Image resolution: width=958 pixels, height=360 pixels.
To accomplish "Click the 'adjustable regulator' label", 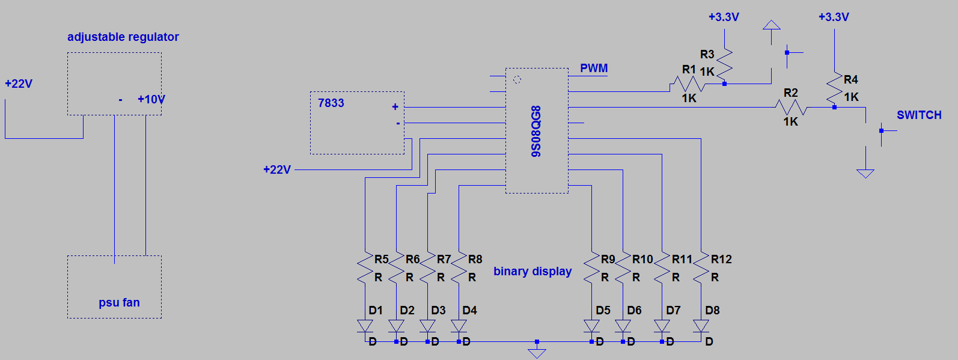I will tap(123, 37).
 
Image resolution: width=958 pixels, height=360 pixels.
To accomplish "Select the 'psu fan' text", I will tap(119, 302).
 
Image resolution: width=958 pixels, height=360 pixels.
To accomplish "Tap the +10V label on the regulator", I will tap(151, 99).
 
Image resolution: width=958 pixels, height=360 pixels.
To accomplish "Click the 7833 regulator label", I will tap(331, 103).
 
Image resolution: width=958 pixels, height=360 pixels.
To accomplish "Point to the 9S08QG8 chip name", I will tap(536, 131).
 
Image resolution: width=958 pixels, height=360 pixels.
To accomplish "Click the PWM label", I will tap(594, 68).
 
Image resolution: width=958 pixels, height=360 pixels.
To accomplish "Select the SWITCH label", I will tap(919, 115).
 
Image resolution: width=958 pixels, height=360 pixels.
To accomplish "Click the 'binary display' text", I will tap(532, 271).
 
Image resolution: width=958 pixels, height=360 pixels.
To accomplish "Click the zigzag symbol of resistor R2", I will tap(791, 108).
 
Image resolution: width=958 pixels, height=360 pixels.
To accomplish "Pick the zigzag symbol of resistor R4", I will tap(834, 89).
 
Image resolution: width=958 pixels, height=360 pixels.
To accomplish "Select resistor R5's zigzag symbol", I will tap(365, 268).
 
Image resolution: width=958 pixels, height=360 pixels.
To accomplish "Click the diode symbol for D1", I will tap(365, 326).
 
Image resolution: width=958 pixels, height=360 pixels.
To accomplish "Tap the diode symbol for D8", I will tap(701, 326).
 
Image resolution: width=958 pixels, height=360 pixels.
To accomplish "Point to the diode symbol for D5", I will tap(591, 326).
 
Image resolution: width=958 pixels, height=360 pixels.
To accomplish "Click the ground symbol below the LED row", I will tap(537, 352).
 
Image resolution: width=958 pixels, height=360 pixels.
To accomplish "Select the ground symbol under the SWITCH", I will tap(865, 173).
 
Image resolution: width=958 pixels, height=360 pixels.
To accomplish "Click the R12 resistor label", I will tap(721, 259).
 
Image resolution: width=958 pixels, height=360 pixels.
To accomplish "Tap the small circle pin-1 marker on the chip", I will tap(517, 79).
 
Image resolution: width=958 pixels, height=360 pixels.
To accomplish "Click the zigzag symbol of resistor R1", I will tap(688, 84).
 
